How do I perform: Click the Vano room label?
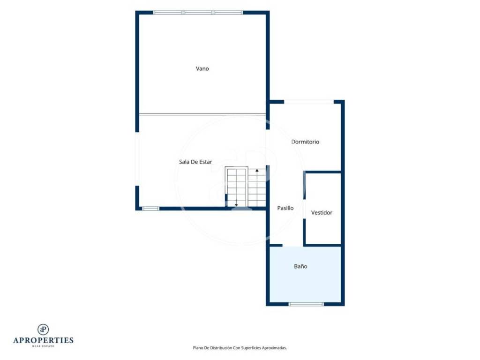click(x=202, y=68)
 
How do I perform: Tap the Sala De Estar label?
click(x=195, y=162)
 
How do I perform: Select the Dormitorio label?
click(x=305, y=142)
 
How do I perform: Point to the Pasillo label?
click(x=285, y=208)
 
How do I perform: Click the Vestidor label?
click(x=322, y=213)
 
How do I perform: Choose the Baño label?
click(x=300, y=266)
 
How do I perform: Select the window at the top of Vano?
click(x=198, y=13)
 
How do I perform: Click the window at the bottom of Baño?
click(x=306, y=304)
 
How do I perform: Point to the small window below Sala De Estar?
click(x=150, y=209)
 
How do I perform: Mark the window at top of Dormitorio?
click(x=308, y=102)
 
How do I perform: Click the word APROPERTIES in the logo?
click(x=43, y=340)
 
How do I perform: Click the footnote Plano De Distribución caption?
click(x=240, y=348)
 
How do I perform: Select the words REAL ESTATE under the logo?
click(x=43, y=346)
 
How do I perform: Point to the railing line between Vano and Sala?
click(x=202, y=115)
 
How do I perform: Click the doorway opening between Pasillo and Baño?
click(x=292, y=246)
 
